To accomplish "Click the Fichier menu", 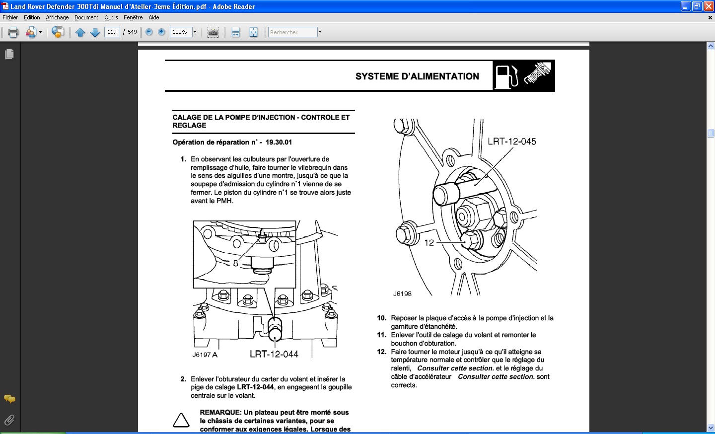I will pos(10,17).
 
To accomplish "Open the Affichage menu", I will pos(57,17).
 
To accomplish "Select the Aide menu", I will pos(154,17).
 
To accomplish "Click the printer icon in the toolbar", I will pos(13,32).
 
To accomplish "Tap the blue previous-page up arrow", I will pos(80,32).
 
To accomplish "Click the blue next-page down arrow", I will pos(95,32).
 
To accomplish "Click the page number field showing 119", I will pos(112,32).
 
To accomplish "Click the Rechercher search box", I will pos(292,32).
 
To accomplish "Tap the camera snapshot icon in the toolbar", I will pos(213,32).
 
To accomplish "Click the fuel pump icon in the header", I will pos(506,76).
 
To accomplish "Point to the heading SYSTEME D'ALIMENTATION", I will pos(417,76).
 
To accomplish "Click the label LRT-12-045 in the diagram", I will pos(511,142).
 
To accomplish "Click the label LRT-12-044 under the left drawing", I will pos(274,354).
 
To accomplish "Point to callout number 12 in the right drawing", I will pos(429,243).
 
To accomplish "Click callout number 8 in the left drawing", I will pos(235,263).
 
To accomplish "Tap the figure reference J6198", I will pos(402,293).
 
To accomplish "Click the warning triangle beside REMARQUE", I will pos(181,421).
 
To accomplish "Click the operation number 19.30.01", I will pos(279,142).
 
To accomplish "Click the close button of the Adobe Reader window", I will pos(709,6).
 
